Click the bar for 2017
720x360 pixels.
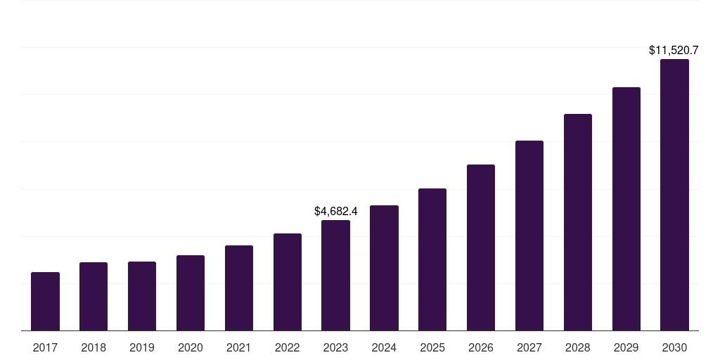tap(45, 301)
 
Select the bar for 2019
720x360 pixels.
tap(142, 296)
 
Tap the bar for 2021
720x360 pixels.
tap(239, 288)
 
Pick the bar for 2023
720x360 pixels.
tap(335, 275)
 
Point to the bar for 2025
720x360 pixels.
tap(432, 259)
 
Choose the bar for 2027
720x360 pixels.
tap(529, 236)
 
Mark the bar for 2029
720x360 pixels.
tap(626, 209)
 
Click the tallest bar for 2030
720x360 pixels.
tap(674, 195)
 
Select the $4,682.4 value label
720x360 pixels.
tap(336, 211)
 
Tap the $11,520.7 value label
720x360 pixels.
tap(674, 51)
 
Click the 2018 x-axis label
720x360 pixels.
tap(94, 347)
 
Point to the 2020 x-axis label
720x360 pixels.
tap(191, 347)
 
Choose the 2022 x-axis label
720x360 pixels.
tap(288, 347)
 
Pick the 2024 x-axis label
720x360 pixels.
tap(384, 347)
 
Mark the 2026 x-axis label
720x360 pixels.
tap(481, 347)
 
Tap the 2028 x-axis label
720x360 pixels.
tap(578, 347)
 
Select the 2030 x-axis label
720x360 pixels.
tap(674, 347)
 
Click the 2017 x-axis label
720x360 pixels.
tap(45, 347)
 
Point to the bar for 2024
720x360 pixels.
tap(384, 268)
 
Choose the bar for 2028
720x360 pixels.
tap(578, 222)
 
